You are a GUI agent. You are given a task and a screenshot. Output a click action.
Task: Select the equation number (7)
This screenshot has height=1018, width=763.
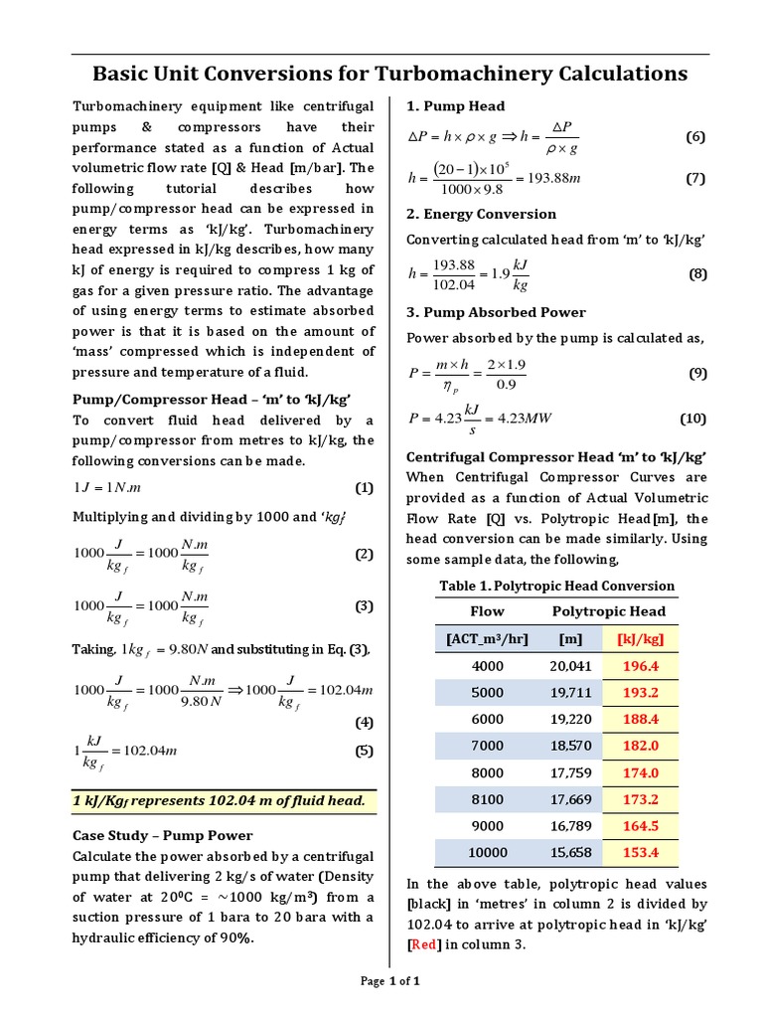(x=694, y=179)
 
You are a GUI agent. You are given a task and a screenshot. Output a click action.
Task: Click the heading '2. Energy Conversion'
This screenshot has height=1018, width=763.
(x=482, y=214)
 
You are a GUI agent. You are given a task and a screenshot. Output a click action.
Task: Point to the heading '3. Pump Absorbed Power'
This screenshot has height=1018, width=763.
(x=497, y=312)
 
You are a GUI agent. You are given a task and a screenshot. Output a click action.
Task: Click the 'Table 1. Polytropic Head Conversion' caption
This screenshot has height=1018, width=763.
(x=556, y=586)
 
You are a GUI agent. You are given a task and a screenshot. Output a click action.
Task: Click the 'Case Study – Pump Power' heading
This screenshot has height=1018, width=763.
(x=163, y=835)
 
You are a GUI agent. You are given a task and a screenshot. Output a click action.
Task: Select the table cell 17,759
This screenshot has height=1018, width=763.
(x=570, y=772)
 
